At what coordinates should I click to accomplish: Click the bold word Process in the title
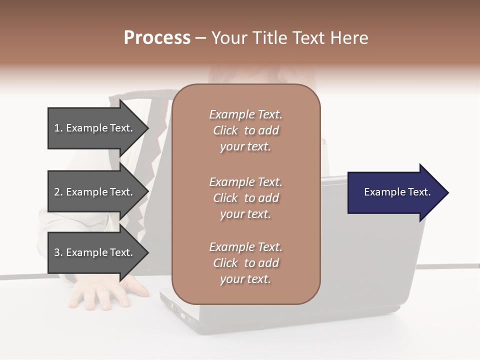157,38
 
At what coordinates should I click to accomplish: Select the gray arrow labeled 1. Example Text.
90,128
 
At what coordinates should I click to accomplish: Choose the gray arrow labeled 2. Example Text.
90,192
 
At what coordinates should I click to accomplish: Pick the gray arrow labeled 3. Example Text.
90,252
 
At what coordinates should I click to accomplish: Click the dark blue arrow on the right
390,192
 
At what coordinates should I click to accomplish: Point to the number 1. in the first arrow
58,128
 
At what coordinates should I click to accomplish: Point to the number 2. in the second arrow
58,192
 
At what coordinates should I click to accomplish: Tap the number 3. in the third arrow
58,252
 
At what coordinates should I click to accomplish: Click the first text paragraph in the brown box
245,130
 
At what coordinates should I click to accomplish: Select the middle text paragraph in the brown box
245,198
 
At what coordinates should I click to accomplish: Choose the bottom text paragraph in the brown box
245,263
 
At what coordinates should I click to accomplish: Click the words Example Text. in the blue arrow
397,192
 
